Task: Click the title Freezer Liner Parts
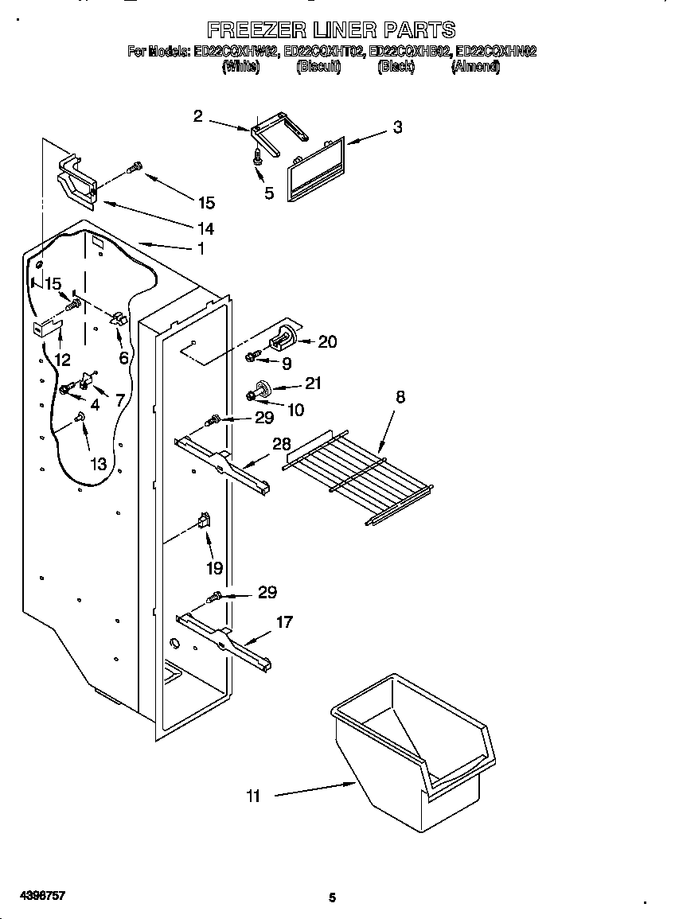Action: tap(331, 30)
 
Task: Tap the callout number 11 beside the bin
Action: tap(253, 795)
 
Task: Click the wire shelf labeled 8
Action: tap(358, 477)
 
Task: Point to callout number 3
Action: tap(397, 127)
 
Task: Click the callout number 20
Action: tap(327, 342)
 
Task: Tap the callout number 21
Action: tap(314, 384)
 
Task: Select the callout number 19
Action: tap(214, 568)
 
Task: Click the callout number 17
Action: tap(284, 621)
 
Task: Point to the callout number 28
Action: tap(282, 445)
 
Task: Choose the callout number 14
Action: tap(205, 228)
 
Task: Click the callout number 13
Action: tap(98, 464)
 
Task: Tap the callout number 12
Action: tap(62, 359)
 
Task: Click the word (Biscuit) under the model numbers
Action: tap(318, 68)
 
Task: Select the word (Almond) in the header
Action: tap(475, 68)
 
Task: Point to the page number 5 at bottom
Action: tap(332, 898)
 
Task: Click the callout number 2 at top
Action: tap(198, 116)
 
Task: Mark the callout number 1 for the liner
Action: tap(201, 249)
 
